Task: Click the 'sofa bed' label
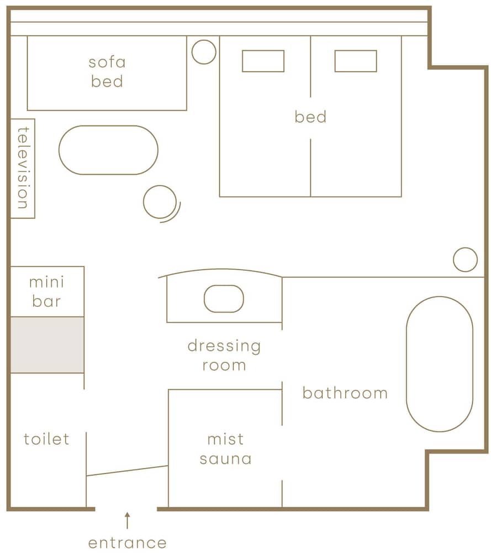[x=107, y=71]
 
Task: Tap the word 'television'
[x=23, y=168]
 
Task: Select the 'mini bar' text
[x=46, y=291]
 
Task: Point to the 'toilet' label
[x=46, y=439]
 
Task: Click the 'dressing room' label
[x=224, y=355]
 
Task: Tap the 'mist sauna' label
[x=225, y=449]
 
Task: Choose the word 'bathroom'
[x=345, y=393]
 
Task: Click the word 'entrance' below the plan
[x=127, y=543]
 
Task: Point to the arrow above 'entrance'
[x=127, y=520]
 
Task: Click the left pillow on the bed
[x=263, y=61]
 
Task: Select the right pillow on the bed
[x=356, y=61]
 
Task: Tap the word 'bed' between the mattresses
[x=310, y=117]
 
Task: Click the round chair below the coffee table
[x=144, y=202]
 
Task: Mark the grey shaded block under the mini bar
[x=47, y=345]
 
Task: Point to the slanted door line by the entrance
[x=127, y=471]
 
